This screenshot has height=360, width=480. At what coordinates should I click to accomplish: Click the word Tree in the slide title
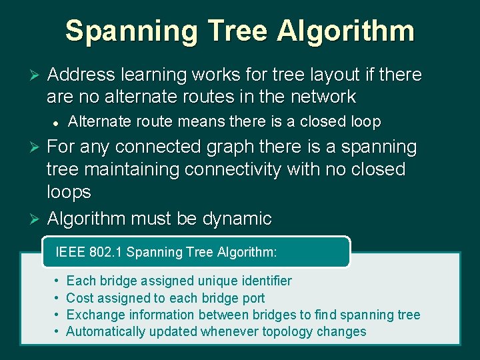tap(239, 31)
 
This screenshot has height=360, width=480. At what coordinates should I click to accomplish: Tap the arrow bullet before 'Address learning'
tap(27, 75)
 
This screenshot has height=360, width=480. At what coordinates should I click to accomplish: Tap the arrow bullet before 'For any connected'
tap(27, 147)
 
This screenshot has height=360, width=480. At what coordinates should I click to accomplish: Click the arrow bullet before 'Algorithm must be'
tap(27, 219)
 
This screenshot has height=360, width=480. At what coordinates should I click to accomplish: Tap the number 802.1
tap(106, 252)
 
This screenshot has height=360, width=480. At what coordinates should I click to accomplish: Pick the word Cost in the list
tap(79, 298)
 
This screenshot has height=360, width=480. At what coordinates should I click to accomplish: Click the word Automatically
tap(108, 331)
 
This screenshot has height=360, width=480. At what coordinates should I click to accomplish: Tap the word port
tap(253, 298)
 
